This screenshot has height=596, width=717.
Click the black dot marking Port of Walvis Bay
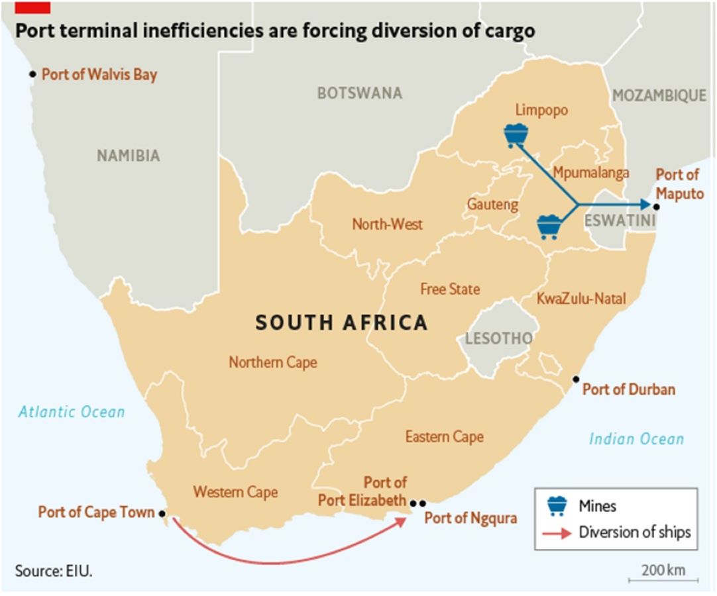[32, 74]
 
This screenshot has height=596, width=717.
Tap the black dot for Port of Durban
[576, 379]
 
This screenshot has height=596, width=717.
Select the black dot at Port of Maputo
[655, 207]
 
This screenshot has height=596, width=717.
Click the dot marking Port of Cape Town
[161, 513]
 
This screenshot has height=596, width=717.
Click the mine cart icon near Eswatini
[549, 226]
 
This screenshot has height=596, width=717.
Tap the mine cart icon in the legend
[558, 505]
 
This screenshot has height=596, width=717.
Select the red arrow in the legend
[557, 532]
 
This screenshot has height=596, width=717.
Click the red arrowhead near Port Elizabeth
[400, 520]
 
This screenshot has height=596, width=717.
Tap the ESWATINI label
[620, 221]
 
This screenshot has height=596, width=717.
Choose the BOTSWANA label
[359, 93]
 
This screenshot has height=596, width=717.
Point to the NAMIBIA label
[129, 156]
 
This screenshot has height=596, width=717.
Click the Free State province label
[450, 289]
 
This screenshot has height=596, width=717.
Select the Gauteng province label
[492, 205]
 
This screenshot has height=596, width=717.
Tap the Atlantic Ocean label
[72, 412]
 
